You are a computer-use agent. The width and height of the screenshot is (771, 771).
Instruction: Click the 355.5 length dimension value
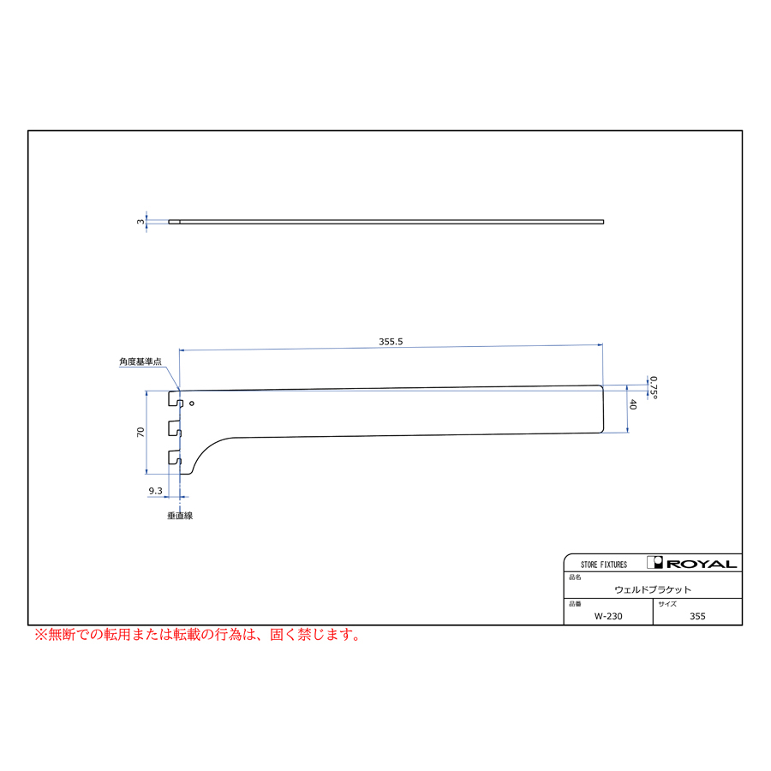[391, 341]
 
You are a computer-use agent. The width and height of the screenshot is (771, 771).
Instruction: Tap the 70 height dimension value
[140, 433]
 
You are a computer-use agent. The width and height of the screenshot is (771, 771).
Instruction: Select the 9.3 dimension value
[155, 491]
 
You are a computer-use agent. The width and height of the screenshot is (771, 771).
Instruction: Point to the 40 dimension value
[633, 404]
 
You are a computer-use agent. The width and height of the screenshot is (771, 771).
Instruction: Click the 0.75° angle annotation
[654, 387]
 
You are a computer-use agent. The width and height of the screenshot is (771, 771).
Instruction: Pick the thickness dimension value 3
[140, 222]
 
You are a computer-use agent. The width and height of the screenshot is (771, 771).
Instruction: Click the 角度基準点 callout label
[140, 362]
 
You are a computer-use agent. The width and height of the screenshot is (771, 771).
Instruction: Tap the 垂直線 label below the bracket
[180, 516]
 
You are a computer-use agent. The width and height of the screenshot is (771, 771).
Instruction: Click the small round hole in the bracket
[192, 403]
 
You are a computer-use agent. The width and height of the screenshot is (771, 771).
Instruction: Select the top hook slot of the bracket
[176, 399]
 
